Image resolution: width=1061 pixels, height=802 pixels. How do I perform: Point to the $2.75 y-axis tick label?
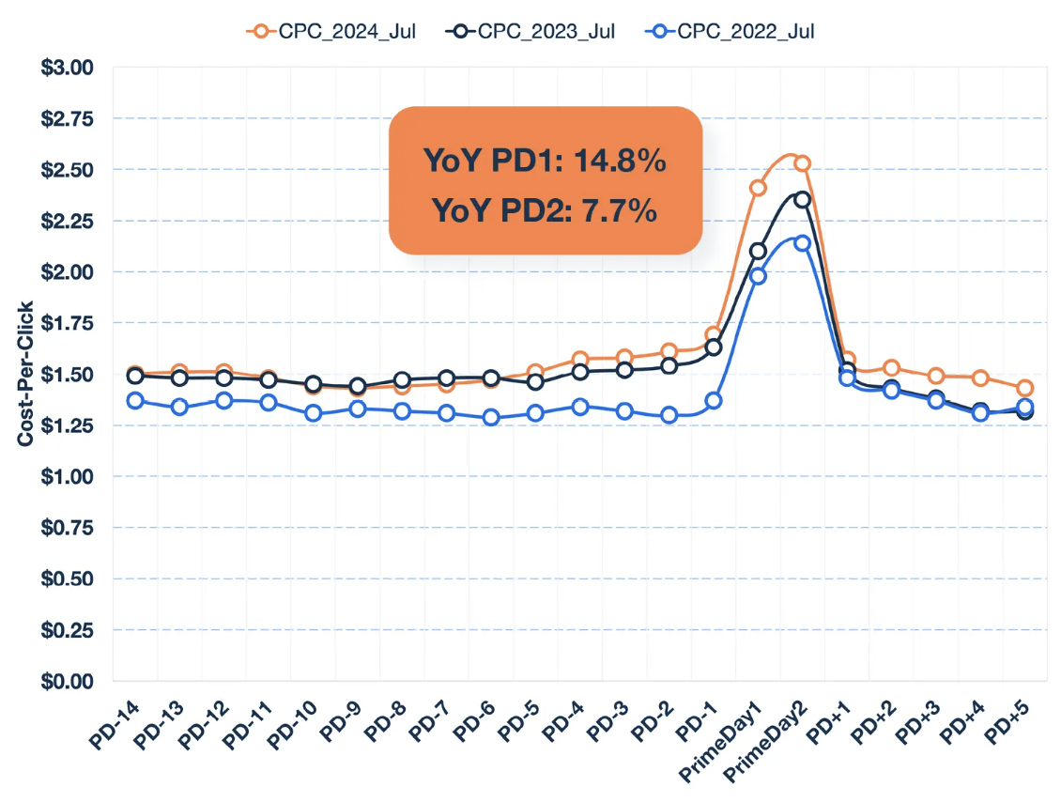(69, 118)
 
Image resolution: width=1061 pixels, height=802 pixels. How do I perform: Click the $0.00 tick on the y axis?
(69, 681)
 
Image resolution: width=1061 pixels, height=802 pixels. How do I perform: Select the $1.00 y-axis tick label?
(69, 476)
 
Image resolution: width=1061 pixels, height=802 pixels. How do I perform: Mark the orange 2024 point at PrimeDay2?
(802, 163)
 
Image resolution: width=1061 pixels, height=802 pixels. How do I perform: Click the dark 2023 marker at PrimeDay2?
(802, 199)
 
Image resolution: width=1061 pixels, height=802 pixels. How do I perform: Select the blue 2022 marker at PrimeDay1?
(758, 275)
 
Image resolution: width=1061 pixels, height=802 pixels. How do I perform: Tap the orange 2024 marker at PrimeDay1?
(758, 188)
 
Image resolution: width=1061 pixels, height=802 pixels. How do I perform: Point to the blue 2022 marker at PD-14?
(135, 400)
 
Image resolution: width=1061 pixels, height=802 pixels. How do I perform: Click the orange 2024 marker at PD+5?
(1025, 388)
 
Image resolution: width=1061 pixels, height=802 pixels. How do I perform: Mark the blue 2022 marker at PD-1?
(714, 400)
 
